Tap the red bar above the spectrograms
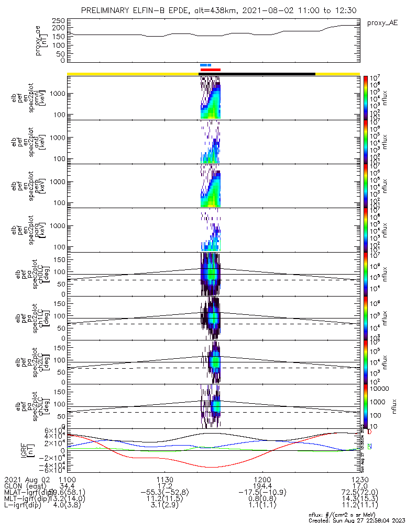tap(211, 70)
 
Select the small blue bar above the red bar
tap(205, 65)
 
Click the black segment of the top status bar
tap(267, 74)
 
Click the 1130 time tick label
tap(164, 480)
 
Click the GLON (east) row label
tap(24, 486)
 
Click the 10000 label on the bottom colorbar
tap(380, 389)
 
